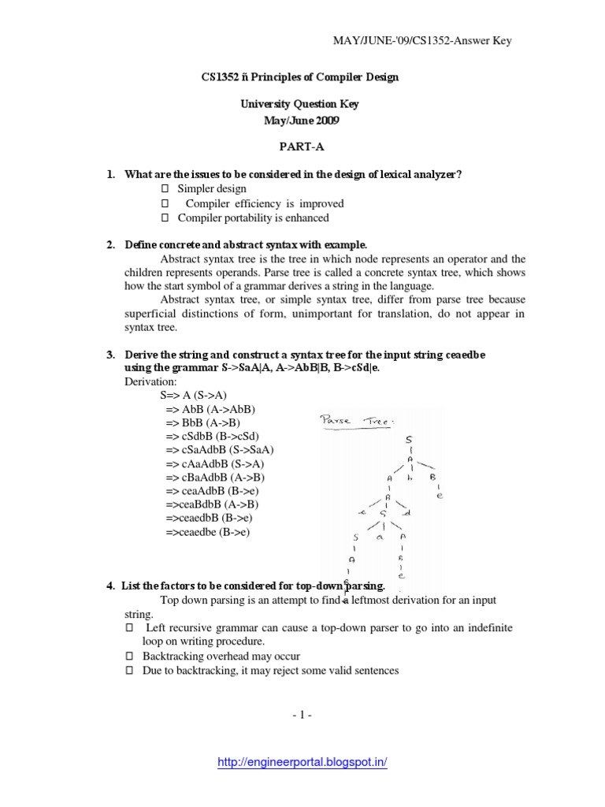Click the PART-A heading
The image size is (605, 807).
(x=302, y=146)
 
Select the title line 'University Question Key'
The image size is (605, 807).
(x=302, y=104)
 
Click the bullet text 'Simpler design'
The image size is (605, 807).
(x=212, y=189)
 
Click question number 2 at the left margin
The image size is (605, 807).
(x=111, y=245)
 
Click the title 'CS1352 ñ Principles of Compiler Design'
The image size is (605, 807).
(x=302, y=77)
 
